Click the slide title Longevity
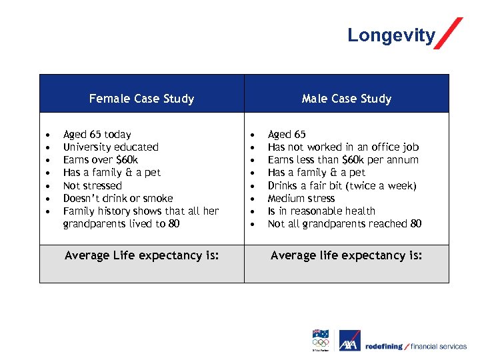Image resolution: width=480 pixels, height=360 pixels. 391,35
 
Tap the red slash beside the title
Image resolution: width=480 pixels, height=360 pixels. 449,33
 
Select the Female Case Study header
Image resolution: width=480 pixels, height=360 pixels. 141,99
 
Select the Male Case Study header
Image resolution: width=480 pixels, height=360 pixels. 346,99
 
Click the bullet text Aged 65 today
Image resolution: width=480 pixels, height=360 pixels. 97,134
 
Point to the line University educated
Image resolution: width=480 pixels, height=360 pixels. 111,147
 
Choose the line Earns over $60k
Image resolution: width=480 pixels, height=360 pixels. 100,159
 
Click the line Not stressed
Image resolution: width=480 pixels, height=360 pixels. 92,185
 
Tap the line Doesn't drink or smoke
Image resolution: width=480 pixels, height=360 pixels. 117,198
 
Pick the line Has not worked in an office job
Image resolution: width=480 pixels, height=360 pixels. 343,147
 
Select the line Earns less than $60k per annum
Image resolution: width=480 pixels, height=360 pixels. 343,159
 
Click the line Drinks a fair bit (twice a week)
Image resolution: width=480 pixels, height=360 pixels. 341,185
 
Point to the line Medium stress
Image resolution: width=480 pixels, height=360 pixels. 301,198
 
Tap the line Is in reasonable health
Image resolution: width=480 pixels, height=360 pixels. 321,211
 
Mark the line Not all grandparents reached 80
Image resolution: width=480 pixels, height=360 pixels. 344,223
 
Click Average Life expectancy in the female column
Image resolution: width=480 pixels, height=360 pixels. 141,255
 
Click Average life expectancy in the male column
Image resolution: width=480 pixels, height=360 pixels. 346,255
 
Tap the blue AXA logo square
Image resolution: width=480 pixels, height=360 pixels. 349,341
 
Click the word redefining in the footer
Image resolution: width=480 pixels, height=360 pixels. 384,346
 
